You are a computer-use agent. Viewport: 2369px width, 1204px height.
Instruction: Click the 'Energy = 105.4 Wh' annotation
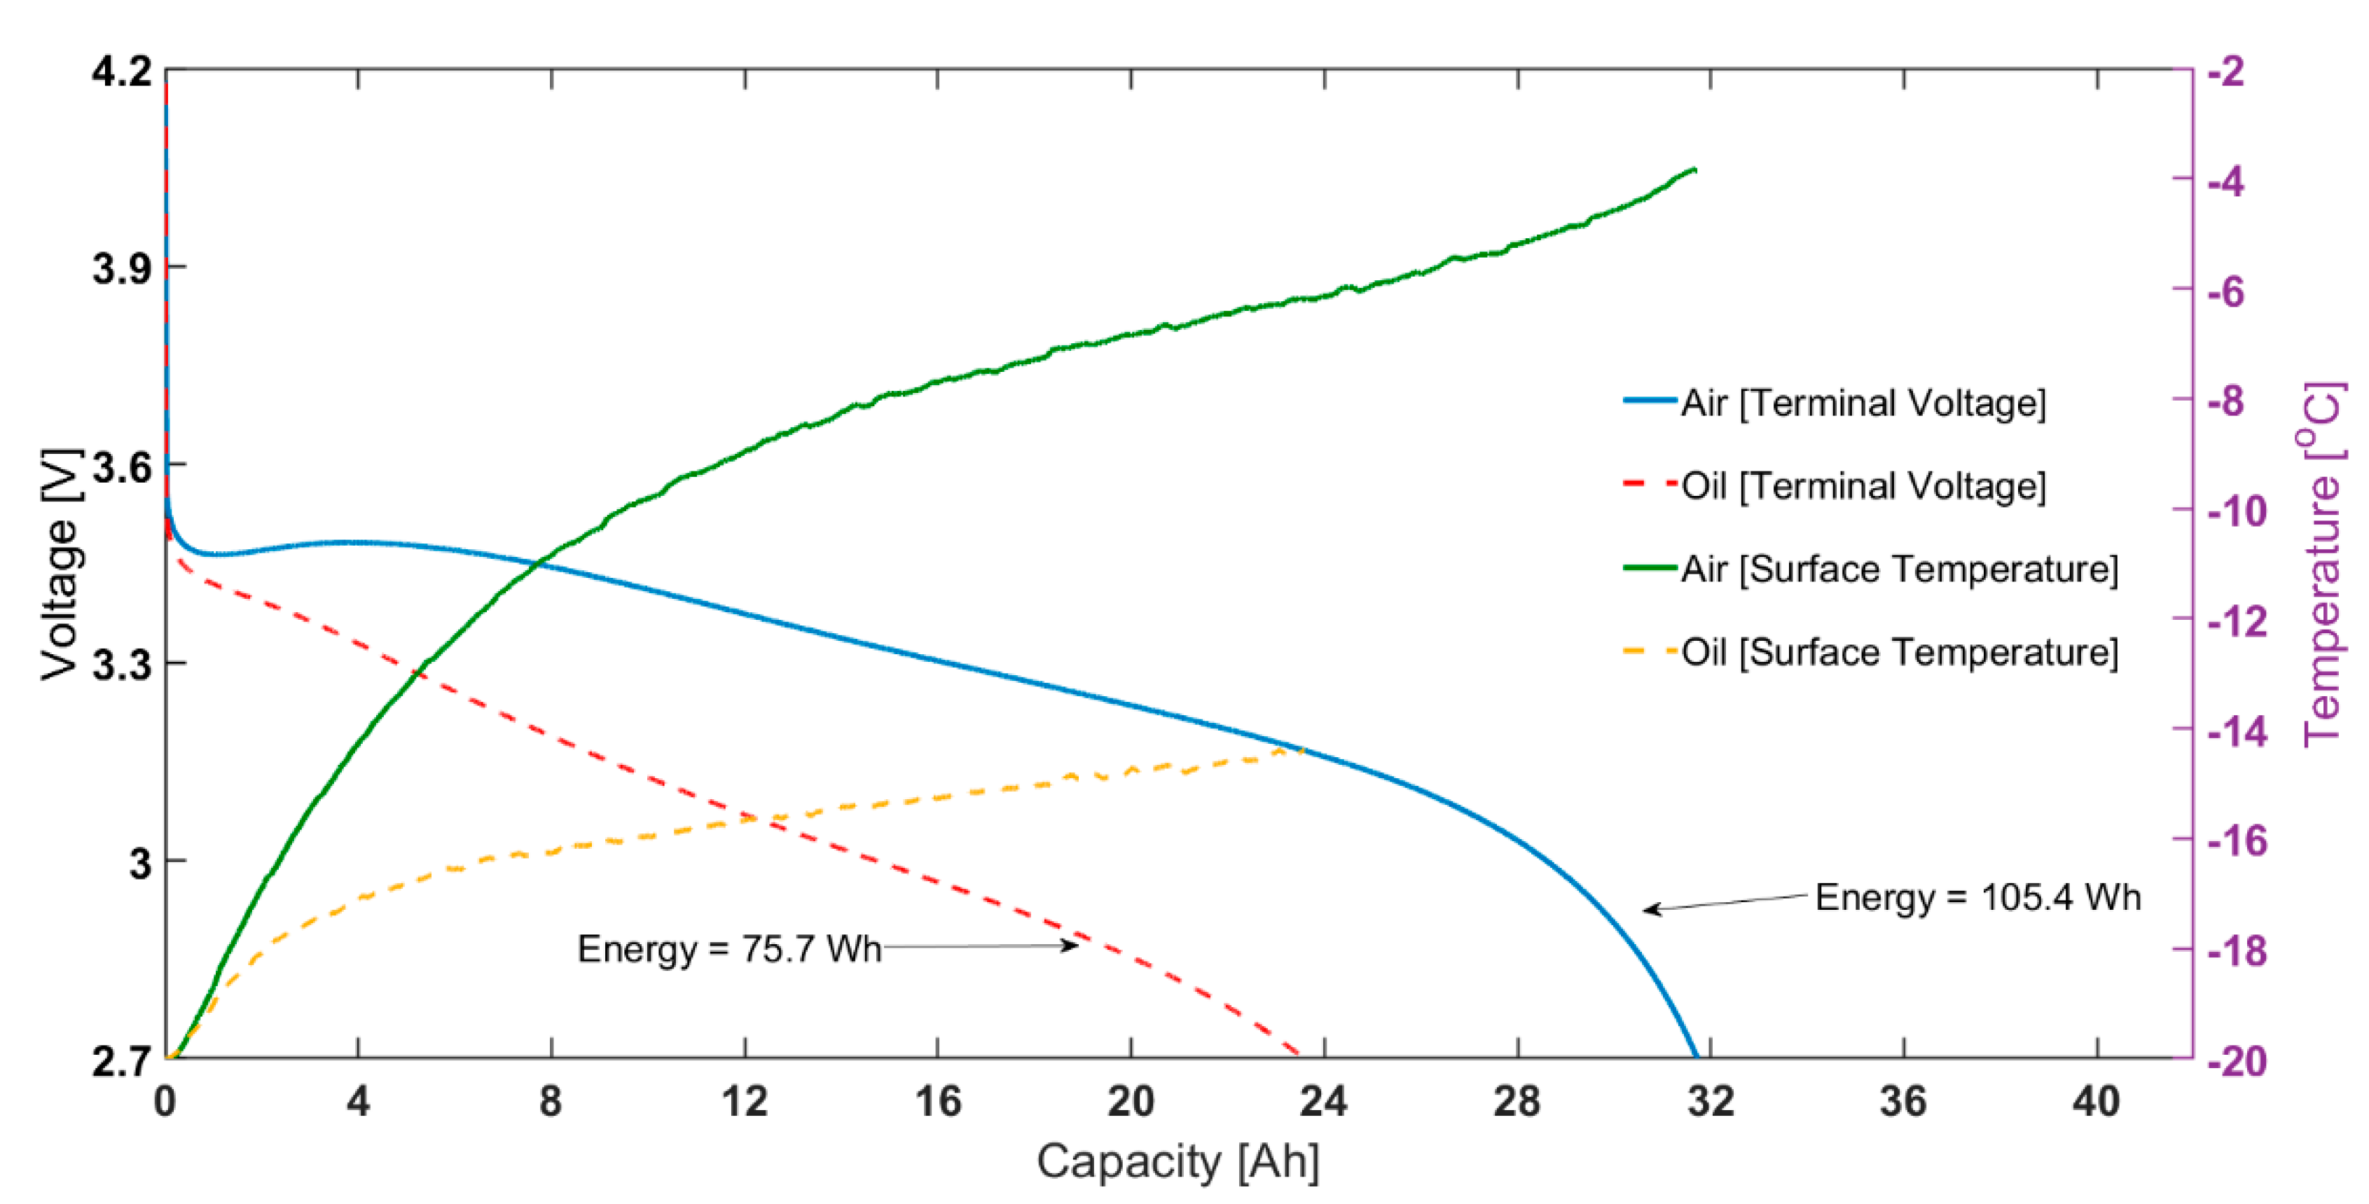(x=1977, y=897)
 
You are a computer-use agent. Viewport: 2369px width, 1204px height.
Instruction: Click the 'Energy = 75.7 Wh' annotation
(x=728, y=948)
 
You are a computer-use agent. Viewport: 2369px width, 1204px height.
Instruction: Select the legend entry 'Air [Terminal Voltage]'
(x=1863, y=403)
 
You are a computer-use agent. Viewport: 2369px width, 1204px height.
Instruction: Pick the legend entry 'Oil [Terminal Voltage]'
(x=1863, y=485)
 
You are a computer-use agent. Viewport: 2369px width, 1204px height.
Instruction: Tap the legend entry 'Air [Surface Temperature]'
(x=1900, y=569)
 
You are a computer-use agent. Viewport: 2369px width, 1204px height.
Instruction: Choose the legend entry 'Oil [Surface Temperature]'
(x=1900, y=652)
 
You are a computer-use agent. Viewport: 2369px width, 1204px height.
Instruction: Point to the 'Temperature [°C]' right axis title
(x=2323, y=564)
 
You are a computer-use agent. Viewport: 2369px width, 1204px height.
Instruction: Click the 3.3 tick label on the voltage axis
(x=123, y=664)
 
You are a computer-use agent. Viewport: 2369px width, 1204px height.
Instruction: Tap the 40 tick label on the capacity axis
(x=2096, y=1101)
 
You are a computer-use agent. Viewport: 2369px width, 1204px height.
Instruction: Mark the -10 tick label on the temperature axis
(x=2237, y=511)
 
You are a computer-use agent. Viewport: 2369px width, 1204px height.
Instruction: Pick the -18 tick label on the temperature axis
(x=2237, y=950)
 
